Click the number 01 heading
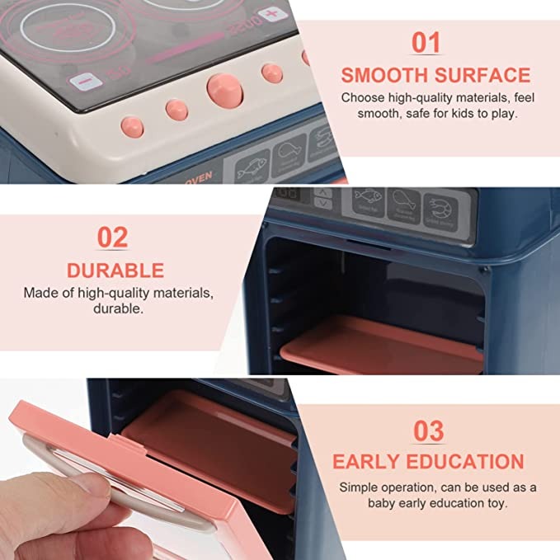[x=425, y=44]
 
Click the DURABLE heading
[x=115, y=270]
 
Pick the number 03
[x=427, y=430]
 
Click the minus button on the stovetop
[x=82, y=82]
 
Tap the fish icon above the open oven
[x=368, y=200]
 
